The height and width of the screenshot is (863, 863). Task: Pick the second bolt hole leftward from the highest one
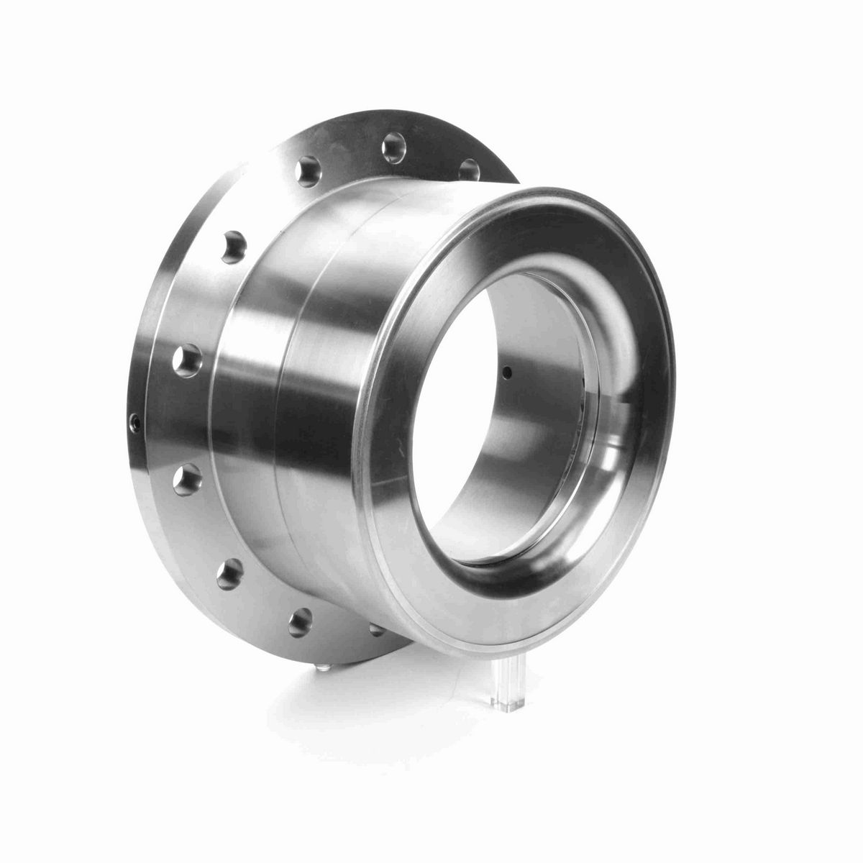234,245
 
